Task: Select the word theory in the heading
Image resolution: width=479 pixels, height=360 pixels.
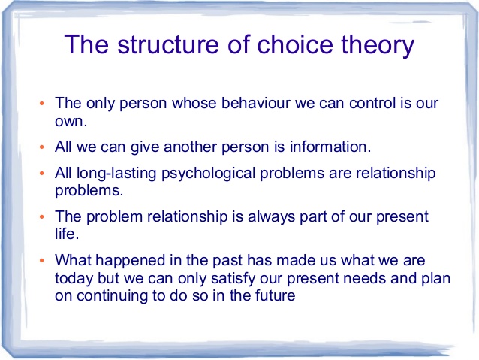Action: [378, 46]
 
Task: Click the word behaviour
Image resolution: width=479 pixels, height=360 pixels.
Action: [256, 103]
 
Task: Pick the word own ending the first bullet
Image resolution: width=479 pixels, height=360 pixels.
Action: [71, 122]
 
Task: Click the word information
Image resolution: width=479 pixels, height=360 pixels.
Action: [330, 147]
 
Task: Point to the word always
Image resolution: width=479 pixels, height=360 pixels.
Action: [271, 217]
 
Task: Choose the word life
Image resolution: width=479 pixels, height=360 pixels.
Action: [67, 234]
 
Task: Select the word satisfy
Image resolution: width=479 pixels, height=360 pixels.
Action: [233, 279]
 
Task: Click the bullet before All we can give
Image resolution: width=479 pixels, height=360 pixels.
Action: [42, 147]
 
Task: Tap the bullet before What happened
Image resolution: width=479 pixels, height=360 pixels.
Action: [42, 261]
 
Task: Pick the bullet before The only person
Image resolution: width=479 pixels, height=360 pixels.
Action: [42, 104]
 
